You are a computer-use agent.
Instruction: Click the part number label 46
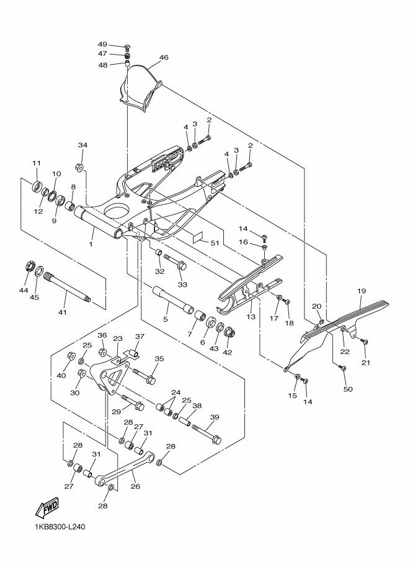pos(164,58)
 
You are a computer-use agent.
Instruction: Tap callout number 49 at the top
pos(103,45)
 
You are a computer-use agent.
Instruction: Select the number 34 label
pos(83,145)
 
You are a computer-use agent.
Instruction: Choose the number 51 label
pos(215,243)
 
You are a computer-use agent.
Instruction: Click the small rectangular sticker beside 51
pos(197,237)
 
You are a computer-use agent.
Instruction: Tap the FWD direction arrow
pos(47,509)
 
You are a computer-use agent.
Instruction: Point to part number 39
pos(215,417)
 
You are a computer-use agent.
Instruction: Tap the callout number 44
pos(24,291)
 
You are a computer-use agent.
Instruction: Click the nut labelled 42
pos(228,331)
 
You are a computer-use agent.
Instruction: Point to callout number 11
pos(35,163)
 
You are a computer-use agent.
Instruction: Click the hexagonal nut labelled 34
pos(80,166)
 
